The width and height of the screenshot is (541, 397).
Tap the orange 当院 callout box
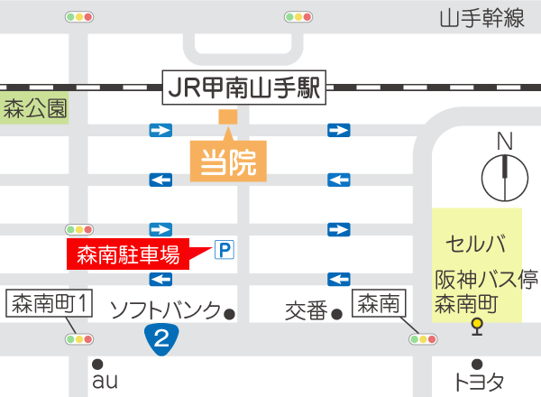tap(228, 162)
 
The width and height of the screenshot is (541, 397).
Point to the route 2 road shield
tap(160, 338)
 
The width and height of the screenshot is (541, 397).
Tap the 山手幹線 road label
tap(482, 18)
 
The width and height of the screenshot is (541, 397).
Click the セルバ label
tap(475, 244)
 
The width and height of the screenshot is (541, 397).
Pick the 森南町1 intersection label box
tap(50, 303)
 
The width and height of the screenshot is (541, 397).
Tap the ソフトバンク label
tap(165, 311)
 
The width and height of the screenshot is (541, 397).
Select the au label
tap(104, 382)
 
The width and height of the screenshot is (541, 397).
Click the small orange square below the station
tap(227, 116)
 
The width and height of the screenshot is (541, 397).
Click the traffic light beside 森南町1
tap(78, 339)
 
